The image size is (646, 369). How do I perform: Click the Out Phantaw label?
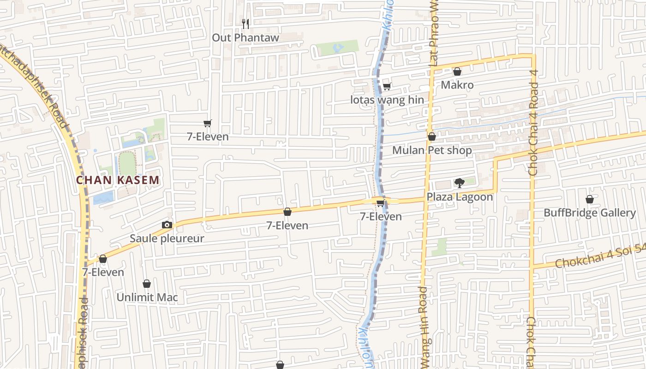point(245,37)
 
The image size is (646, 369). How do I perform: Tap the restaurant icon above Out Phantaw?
point(245,23)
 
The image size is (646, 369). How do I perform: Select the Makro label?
point(457,85)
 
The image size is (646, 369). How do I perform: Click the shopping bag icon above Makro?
point(457,71)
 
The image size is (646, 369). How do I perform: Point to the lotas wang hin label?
point(387,100)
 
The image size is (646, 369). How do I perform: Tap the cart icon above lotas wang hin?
point(387,86)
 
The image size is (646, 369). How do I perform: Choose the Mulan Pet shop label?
point(432,150)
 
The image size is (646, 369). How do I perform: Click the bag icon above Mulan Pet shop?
point(432,137)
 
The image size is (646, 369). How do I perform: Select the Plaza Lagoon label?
point(460,197)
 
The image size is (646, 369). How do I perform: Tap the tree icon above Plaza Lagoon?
point(459,183)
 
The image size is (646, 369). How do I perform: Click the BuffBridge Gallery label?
point(589,213)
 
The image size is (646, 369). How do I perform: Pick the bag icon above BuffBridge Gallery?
point(589,199)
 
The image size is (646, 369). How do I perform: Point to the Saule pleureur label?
point(167,238)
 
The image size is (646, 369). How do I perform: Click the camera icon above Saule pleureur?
point(167,225)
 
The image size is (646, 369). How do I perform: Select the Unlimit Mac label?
point(147,297)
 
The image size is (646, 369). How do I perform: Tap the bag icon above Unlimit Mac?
point(147,284)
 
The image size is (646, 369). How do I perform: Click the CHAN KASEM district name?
point(118,180)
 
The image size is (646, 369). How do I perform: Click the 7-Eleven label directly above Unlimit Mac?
point(103,272)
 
